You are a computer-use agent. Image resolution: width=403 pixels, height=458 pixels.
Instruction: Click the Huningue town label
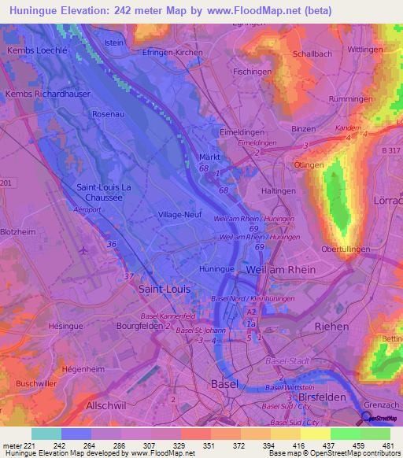pyautogui.click(x=217, y=268)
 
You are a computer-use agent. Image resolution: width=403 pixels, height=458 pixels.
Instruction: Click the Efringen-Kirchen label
pyautogui.click(x=172, y=53)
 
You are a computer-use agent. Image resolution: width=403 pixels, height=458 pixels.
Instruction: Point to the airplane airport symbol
pyautogui.click(x=83, y=250)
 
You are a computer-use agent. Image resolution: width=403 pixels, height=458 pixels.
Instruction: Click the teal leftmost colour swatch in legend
pyautogui.click(x=46, y=434)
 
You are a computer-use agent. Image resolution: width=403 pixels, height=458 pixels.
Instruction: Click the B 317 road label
pyautogui.click(x=390, y=150)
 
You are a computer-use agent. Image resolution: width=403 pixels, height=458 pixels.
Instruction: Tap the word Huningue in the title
pyautogui.click(x=40, y=10)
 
